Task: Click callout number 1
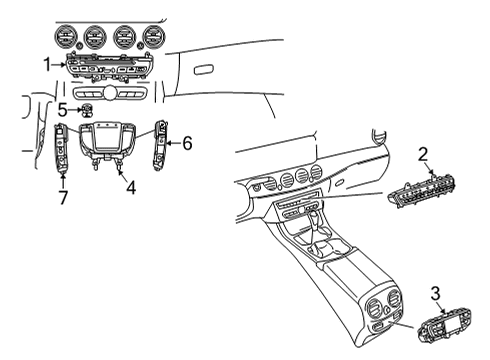[x=48, y=65]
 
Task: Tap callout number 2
[x=423, y=155]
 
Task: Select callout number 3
[x=435, y=294]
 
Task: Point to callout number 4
[x=131, y=187]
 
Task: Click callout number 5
[x=62, y=110]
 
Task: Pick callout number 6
[x=187, y=143]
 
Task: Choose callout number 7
[x=63, y=197]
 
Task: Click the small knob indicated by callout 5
[x=87, y=110]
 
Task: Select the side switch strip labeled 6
[x=160, y=145]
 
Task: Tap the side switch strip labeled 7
[x=61, y=148]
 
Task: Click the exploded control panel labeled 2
[x=421, y=191]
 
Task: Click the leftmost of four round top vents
[x=66, y=36]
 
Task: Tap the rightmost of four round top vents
[x=154, y=36]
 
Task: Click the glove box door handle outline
[x=204, y=70]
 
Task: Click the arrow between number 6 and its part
[x=173, y=143]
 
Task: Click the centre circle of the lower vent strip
[x=109, y=92]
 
